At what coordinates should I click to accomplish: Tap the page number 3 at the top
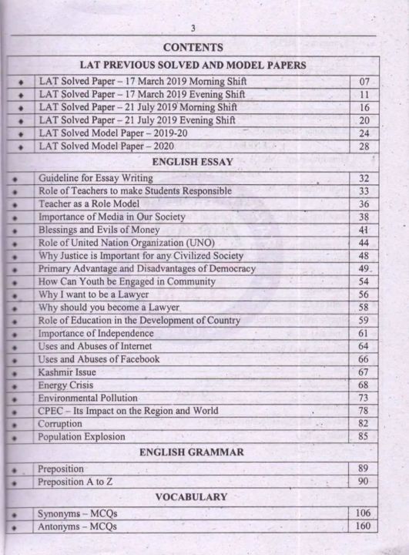click(x=193, y=29)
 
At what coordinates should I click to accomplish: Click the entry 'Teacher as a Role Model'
click(x=89, y=204)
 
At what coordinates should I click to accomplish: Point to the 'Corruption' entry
click(x=60, y=424)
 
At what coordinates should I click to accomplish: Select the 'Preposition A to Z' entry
click(x=79, y=482)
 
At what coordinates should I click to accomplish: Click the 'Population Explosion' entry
click(x=83, y=437)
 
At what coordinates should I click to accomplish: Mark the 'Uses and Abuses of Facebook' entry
click(x=99, y=359)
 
